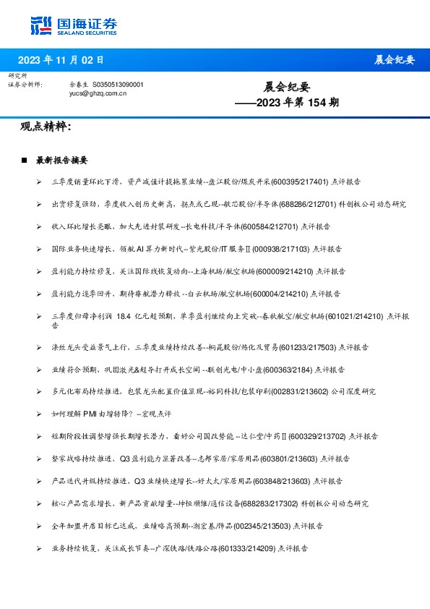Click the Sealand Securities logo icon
tap(41, 25)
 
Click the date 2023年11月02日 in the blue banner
tap(61, 59)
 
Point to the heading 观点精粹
tap(46, 127)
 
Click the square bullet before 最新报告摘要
tap(25, 160)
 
